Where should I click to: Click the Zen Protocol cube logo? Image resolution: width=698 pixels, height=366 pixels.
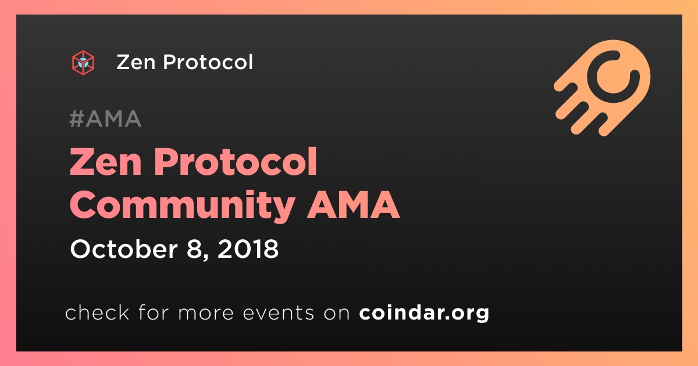[x=83, y=63]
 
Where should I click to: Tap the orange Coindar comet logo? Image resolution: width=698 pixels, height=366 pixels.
[x=602, y=88]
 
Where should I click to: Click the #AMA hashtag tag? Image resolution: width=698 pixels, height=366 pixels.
[x=105, y=119]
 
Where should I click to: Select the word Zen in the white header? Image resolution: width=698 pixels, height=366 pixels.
[x=136, y=62]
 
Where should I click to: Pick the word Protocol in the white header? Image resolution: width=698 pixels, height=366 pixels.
[x=208, y=62]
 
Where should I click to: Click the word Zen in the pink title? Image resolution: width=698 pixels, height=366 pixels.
[x=106, y=162]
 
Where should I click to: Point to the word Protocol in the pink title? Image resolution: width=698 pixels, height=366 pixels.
[x=236, y=162]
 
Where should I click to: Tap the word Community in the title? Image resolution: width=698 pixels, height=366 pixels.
[x=182, y=206]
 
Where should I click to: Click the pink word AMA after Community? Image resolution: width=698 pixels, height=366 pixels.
[x=353, y=204]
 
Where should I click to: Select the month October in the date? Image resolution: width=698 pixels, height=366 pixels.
[x=124, y=249]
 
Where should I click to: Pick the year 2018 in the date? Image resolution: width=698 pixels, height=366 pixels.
[x=248, y=249]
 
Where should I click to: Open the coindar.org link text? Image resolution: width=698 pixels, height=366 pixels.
[x=424, y=313]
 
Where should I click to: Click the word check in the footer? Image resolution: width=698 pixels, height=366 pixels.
[x=97, y=312]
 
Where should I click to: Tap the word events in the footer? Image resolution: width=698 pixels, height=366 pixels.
[x=278, y=313]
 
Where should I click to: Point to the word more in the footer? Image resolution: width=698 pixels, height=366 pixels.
[x=206, y=313]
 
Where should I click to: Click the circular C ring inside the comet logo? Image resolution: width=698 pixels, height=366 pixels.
[x=613, y=77]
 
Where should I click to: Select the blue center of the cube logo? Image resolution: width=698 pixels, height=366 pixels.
[x=83, y=62]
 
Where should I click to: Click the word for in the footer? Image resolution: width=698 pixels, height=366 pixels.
[x=154, y=312]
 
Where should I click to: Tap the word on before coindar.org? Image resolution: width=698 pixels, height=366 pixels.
[x=337, y=313]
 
